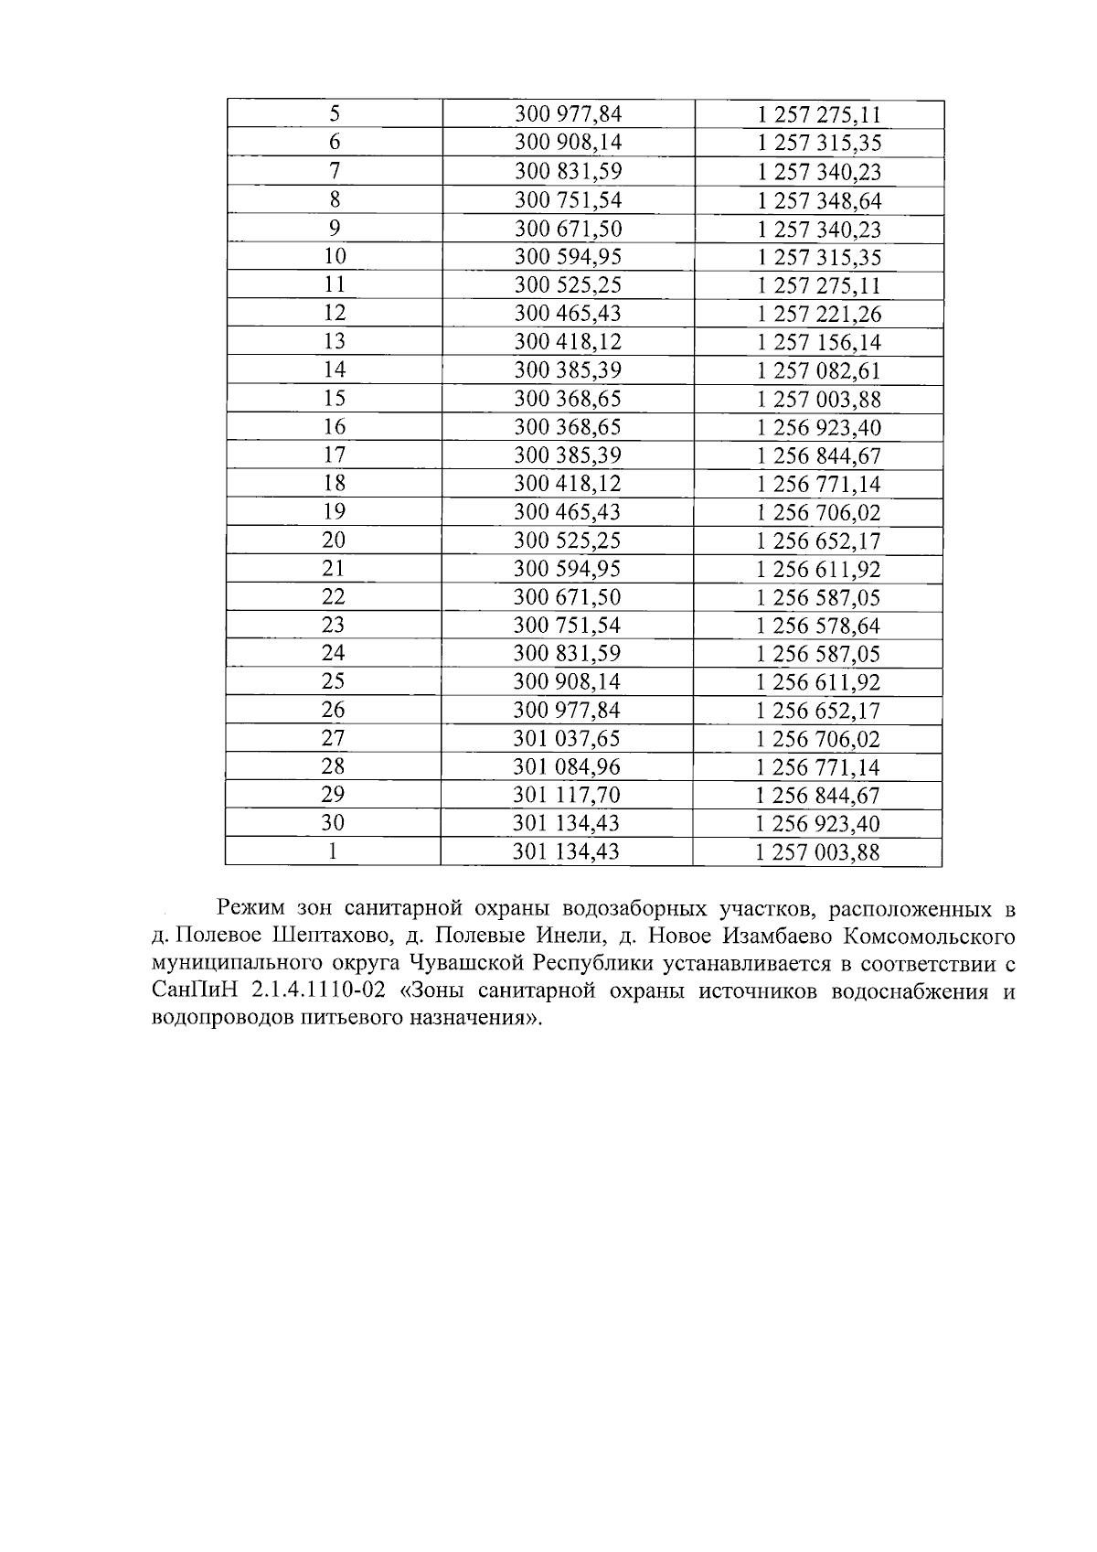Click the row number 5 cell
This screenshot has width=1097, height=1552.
pos(335,113)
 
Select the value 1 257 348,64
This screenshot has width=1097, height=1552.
pos(819,200)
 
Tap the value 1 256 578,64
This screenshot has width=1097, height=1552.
pos(819,626)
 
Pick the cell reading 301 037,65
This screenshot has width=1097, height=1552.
pos(568,738)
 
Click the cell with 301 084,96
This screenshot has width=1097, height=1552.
pos(568,766)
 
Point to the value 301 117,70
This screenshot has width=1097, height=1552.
pos(568,795)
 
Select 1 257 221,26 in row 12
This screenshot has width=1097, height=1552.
pos(819,314)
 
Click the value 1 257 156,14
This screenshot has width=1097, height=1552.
pos(819,342)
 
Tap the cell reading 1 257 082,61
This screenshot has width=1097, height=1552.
pos(819,370)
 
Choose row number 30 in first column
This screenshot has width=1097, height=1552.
pos(334,823)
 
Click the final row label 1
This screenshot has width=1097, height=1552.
pos(334,851)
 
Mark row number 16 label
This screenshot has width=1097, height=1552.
pos(335,427)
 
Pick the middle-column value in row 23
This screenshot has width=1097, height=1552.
pos(568,626)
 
